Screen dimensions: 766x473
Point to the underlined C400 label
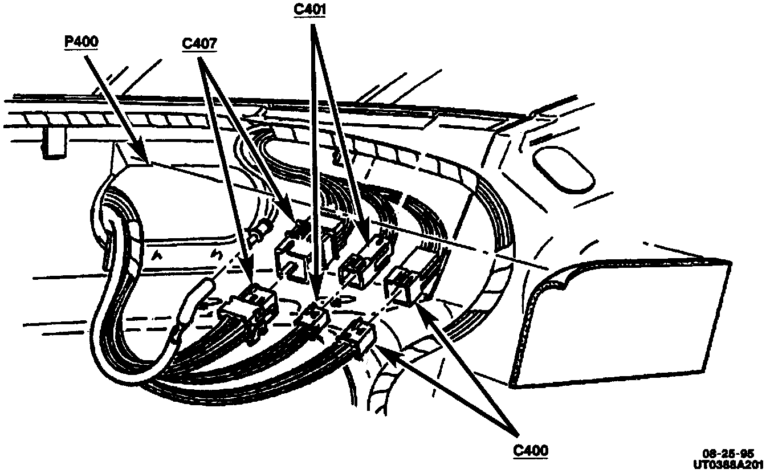pos(530,450)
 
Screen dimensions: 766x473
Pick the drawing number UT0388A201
pos(728,464)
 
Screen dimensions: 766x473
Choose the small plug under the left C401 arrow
pos(313,316)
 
